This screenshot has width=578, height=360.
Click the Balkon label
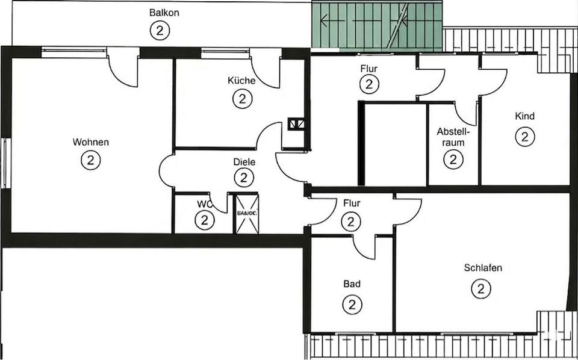[164, 13]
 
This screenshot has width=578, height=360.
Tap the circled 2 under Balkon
[160, 30]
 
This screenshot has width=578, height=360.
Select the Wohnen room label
[91, 143]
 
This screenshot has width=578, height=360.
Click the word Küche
[241, 81]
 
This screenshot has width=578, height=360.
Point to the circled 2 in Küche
[242, 99]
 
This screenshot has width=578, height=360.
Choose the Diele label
[244, 162]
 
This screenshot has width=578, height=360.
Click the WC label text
[202, 204]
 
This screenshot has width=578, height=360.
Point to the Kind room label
[524, 116]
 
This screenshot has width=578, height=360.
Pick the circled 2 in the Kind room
[525, 137]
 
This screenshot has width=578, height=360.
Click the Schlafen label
[483, 268]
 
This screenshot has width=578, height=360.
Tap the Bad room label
[352, 284]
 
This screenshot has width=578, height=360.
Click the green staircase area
[377, 26]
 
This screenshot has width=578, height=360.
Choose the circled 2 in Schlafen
[481, 289]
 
